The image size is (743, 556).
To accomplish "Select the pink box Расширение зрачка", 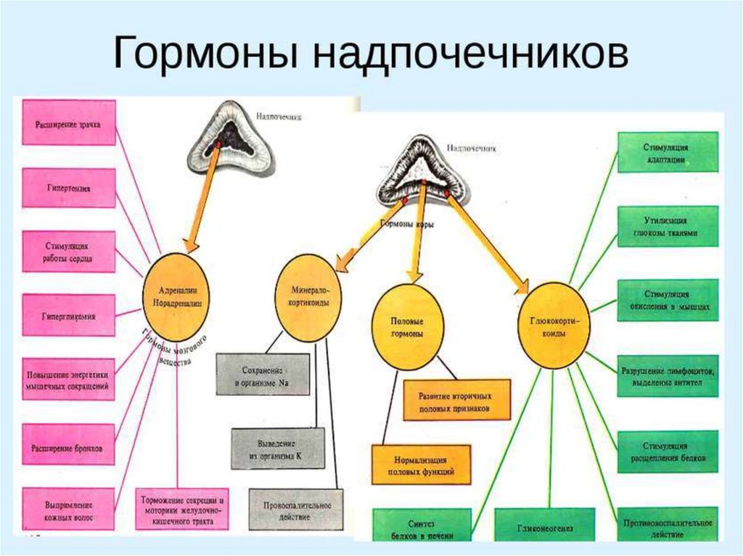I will tap(69, 123).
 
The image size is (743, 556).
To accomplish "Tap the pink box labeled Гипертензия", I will tap(69, 188).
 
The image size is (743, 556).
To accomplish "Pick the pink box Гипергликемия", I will tap(69, 315).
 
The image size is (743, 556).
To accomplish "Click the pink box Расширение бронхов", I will tap(69, 447).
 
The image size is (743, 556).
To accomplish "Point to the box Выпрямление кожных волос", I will tap(69, 508).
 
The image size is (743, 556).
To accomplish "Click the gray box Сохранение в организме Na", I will tap(263, 374).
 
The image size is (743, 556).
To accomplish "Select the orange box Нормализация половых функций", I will tap(421, 465).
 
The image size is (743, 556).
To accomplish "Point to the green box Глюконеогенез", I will tap(545, 527).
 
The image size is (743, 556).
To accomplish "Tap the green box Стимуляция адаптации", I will tap(668, 152).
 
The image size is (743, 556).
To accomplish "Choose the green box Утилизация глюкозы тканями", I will tap(668, 226).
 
